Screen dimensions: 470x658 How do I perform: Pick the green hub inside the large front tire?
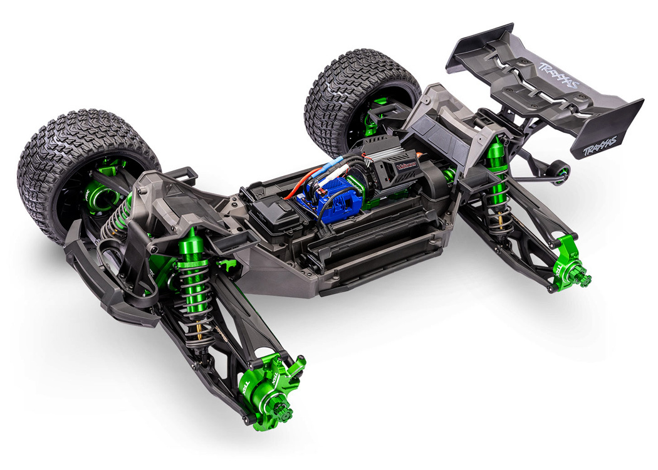pos(100,194)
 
